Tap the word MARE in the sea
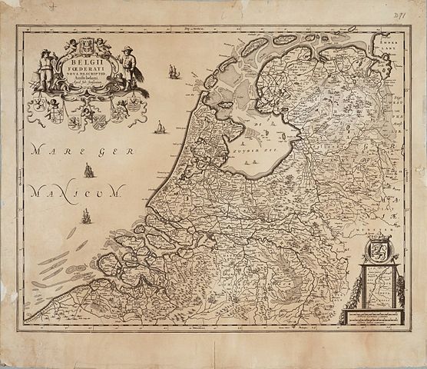pyautogui.click(x=49, y=150)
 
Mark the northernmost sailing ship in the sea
pyautogui.click(x=174, y=72)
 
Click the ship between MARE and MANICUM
pyautogui.click(x=90, y=170)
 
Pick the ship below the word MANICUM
pyautogui.click(x=86, y=217)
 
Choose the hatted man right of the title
pyautogui.click(x=130, y=65)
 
